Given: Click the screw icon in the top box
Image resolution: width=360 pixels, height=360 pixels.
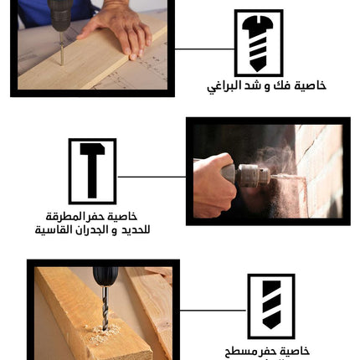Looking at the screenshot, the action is coord(258,44).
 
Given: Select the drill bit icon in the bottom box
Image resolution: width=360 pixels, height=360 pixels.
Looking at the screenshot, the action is coord(271,305).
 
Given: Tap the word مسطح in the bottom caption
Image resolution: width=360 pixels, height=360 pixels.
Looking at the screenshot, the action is coord(237,352).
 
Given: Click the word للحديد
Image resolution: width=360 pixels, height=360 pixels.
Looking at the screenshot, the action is coord(136,229).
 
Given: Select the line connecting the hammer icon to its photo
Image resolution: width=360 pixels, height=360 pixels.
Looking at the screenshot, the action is coord(152,177).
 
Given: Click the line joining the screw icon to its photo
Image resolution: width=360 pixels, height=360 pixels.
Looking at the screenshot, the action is coord(204,49).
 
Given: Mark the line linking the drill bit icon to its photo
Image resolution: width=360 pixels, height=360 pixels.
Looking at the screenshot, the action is coord(213,311).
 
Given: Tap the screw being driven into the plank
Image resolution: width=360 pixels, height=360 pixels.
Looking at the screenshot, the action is coord(61,49).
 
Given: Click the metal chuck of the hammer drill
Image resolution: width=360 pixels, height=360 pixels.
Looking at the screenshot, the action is coord(253,176).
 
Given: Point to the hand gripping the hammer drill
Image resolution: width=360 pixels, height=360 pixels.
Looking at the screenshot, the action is coord(214,185).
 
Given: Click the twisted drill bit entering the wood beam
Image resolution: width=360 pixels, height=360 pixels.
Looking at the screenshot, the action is coord(105,308).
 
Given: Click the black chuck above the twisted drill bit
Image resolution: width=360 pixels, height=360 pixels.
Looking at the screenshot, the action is coord(105,276).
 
